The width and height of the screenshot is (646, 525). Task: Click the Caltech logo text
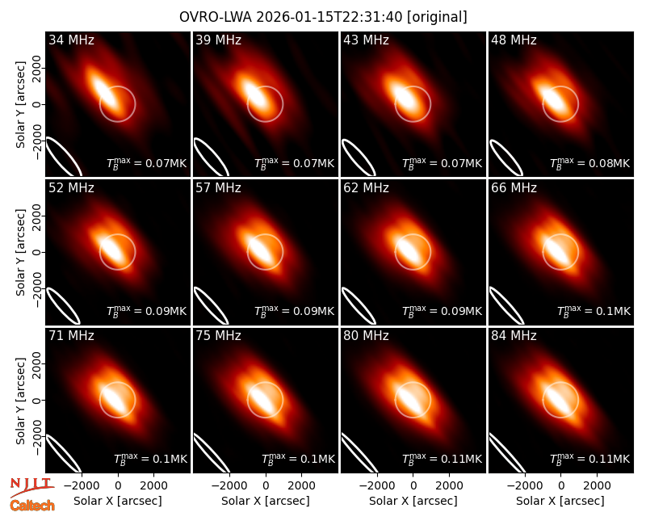tap(32, 506)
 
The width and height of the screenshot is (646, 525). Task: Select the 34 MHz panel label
tap(71, 40)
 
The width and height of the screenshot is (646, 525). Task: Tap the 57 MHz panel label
tap(218, 188)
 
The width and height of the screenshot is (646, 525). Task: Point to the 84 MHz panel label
tap(514, 336)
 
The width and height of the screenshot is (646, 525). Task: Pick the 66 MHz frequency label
tap(514, 188)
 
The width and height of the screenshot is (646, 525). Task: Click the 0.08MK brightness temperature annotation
tap(590, 163)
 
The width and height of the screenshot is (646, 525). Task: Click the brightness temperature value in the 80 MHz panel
tap(442, 459)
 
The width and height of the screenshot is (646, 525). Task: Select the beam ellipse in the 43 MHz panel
tap(359, 157)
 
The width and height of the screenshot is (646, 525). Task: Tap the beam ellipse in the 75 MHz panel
tap(211, 452)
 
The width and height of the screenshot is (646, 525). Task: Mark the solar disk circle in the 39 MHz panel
tap(283, 104)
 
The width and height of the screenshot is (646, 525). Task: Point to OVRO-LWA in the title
tap(218, 17)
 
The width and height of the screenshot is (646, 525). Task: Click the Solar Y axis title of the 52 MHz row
tap(20, 252)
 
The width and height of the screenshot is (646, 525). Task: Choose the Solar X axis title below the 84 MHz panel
tap(560, 501)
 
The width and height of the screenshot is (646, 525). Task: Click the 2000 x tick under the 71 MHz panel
tap(153, 485)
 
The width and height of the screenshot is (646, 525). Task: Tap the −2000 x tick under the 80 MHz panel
tap(377, 485)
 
